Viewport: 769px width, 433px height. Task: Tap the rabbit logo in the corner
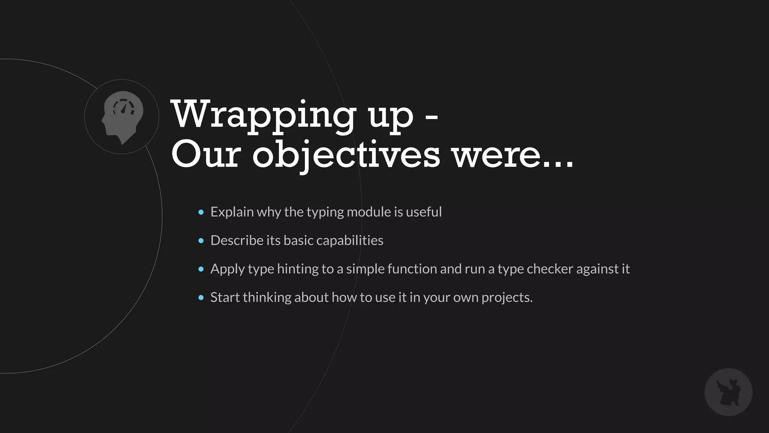point(728,392)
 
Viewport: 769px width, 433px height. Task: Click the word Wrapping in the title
point(263,114)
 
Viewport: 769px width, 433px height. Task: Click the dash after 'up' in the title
point(431,116)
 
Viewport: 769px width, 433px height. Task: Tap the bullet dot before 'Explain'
point(201,212)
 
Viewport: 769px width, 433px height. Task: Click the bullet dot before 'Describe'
point(201,241)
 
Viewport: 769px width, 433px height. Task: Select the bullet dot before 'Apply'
point(201,269)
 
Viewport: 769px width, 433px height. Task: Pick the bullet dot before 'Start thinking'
point(201,298)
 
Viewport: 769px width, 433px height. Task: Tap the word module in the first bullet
point(369,212)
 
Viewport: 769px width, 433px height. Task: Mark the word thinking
point(267,297)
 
